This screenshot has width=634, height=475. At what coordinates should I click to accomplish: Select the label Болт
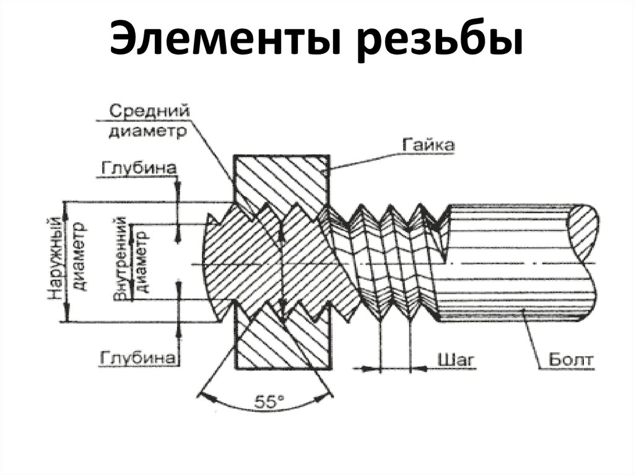click(x=570, y=360)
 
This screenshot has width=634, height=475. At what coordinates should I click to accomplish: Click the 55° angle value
click(x=268, y=401)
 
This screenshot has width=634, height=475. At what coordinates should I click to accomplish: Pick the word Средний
click(x=149, y=111)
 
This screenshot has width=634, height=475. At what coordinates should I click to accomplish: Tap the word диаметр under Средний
click(x=148, y=132)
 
